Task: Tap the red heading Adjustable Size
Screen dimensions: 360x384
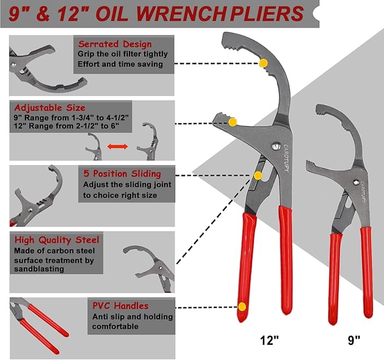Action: [50, 107]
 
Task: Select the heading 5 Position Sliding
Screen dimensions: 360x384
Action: [122, 174]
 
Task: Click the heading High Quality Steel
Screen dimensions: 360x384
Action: [57, 240]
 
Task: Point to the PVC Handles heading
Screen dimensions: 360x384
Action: [121, 306]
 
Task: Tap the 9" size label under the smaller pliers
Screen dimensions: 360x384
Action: [353, 341]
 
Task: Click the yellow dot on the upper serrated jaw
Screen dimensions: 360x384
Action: [263, 64]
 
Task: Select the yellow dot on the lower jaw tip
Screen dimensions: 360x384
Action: [232, 122]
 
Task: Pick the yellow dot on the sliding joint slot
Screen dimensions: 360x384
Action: [258, 175]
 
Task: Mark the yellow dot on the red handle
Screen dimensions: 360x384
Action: [242, 307]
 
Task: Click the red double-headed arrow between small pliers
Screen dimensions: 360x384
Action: [118, 146]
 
